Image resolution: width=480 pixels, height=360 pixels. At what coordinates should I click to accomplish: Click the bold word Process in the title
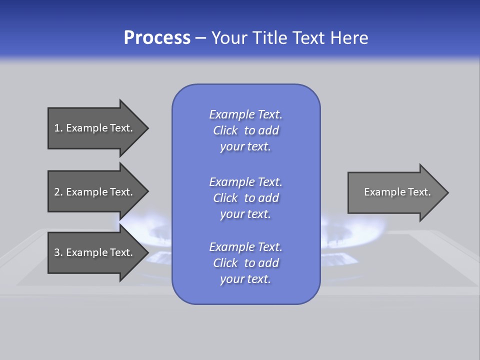(x=157, y=38)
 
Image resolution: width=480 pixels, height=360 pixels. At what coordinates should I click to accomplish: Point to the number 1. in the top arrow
(x=58, y=128)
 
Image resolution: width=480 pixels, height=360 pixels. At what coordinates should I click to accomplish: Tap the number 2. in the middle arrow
(x=58, y=192)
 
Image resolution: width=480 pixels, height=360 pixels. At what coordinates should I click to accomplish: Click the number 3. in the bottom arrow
(x=58, y=252)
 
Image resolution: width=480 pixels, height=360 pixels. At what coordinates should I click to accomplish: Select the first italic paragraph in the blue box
(x=245, y=130)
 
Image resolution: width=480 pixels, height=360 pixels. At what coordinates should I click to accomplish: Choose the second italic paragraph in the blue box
(x=245, y=197)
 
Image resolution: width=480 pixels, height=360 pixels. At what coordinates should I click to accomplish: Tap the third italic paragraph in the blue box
(x=245, y=263)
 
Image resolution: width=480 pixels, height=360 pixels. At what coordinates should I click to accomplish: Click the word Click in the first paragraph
(x=225, y=130)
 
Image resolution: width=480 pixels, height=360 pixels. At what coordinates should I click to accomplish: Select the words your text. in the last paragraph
(x=245, y=279)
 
